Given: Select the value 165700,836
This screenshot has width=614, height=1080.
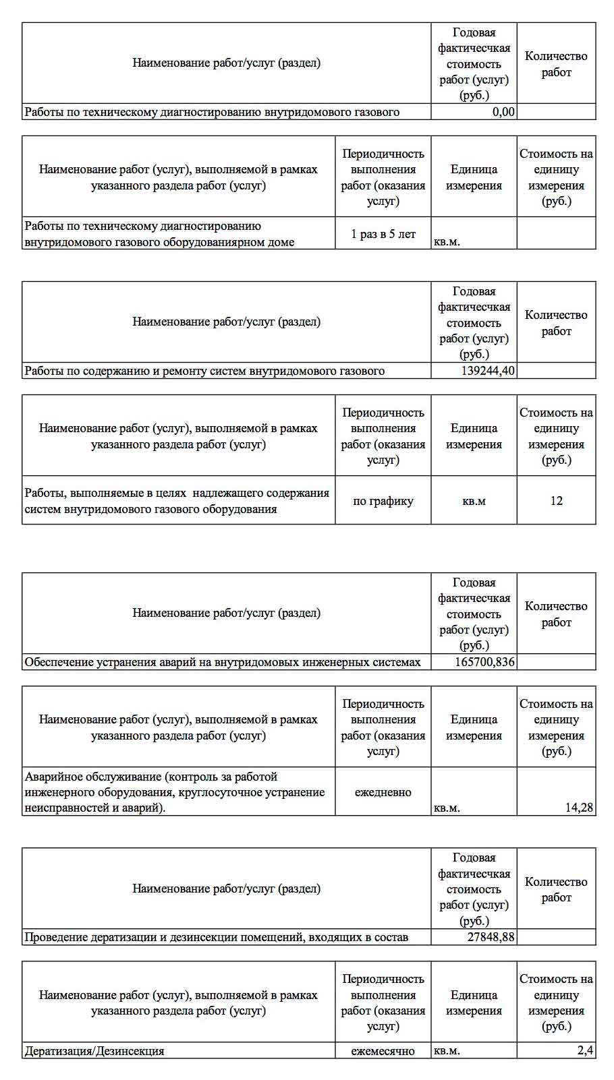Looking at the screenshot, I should click(x=484, y=662).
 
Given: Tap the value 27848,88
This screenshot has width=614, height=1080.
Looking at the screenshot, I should click(x=491, y=937).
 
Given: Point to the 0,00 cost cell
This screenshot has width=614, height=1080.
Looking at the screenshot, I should click(x=503, y=112).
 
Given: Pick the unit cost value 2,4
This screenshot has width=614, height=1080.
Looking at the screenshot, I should click(x=585, y=1050).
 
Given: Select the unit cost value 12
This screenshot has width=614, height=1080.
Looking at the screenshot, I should click(x=556, y=501).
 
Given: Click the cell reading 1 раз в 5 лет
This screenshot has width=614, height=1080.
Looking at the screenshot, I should click(x=383, y=234).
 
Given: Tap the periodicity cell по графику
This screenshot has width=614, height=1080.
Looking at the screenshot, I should click(x=383, y=501).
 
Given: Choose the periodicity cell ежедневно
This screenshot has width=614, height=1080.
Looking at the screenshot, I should click(x=383, y=792).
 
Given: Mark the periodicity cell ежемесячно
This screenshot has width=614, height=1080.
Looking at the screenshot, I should click(x=383, y=1051).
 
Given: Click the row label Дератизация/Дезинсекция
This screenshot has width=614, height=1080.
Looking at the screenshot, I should click(x=94, y=1051).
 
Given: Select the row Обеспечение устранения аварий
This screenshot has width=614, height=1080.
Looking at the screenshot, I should click(x=223, y=662).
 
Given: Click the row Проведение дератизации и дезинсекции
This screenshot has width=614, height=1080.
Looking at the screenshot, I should click(x=216, y=937).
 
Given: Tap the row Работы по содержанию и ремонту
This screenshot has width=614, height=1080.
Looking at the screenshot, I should click(x=204, y=371).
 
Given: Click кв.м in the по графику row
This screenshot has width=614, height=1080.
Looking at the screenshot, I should click(x=474, y=501).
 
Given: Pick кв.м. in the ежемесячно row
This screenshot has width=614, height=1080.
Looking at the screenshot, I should click(x=447, y=1051).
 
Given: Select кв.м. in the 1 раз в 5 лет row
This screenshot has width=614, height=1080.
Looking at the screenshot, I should click(x=447, y=242).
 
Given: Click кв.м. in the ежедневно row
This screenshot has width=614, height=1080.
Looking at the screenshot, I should click(x=447, y=808).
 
